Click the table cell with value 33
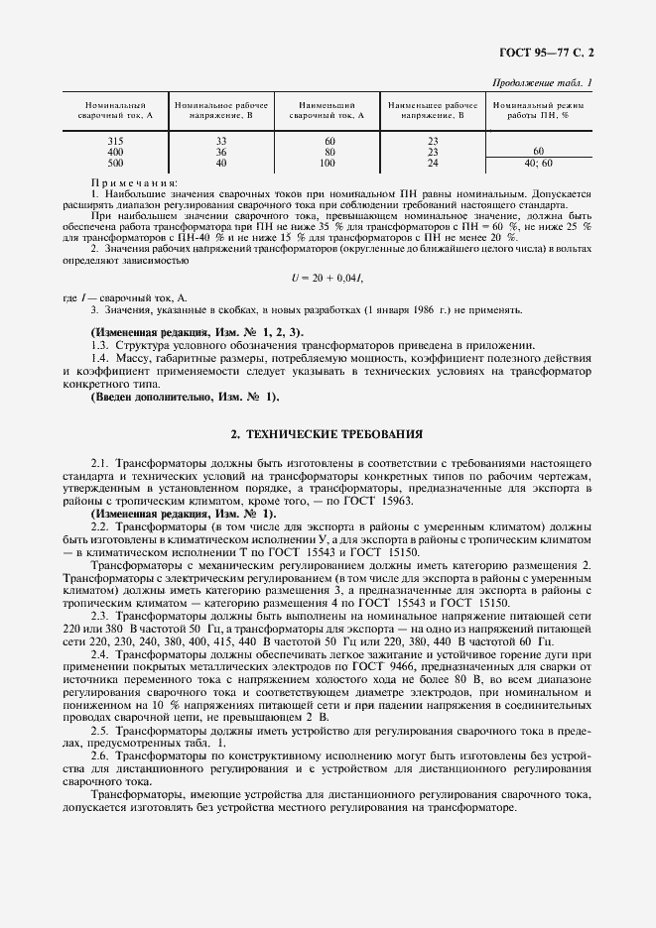point(220,142)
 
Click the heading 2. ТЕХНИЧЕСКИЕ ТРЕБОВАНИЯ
point(327,433)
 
